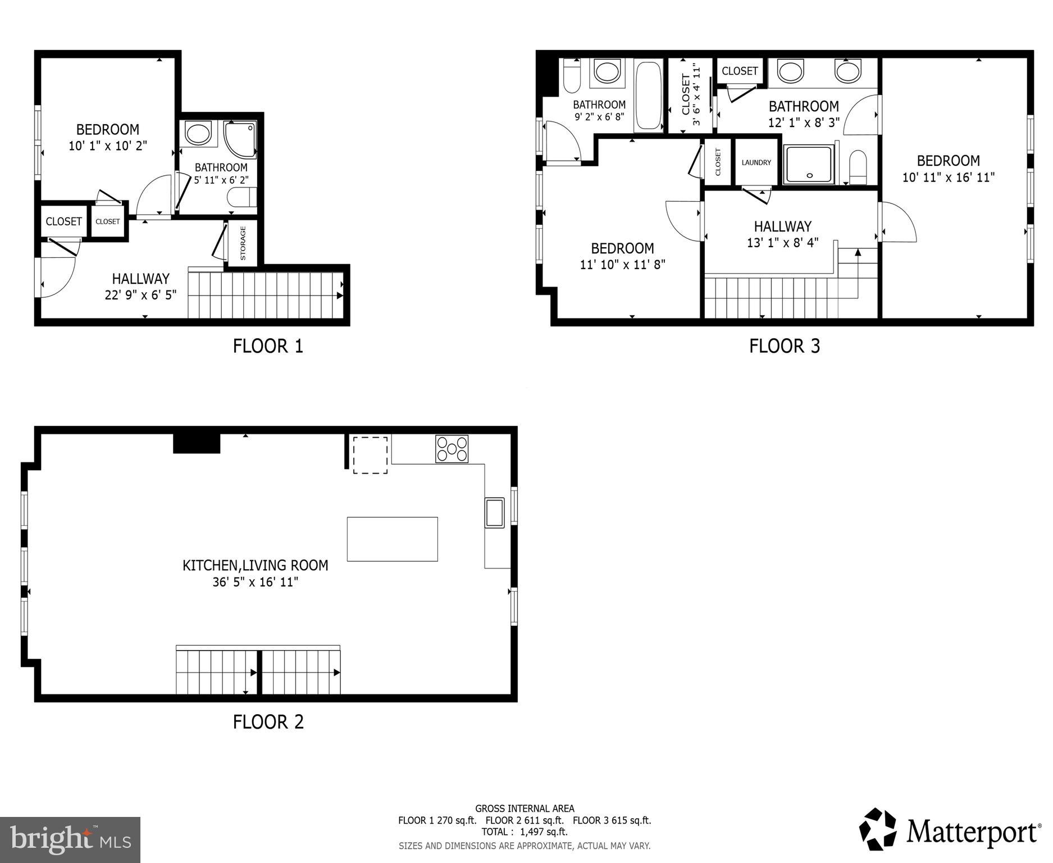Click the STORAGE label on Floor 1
coord(243,243)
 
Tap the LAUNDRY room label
coord(756,162)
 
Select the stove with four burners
coord(452,449)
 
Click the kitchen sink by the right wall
coord(495,512)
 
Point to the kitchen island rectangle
coord(392,539)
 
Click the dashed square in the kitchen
coord(370,455)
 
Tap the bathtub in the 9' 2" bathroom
coord(649,96)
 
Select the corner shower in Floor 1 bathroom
coord(240,139)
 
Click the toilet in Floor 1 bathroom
coord(242,197)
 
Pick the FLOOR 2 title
coord(268,721)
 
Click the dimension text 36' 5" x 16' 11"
coord(255,582)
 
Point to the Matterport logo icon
coord(878,830)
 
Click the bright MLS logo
coord(70,839)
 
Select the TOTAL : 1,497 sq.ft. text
coord(524,832)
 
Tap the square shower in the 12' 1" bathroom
coord(809,164)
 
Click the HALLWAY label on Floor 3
coord(782,226)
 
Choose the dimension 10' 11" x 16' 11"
coord(948,178)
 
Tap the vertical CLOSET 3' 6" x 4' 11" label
coord(690,96)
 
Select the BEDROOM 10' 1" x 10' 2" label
coord(108,138)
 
